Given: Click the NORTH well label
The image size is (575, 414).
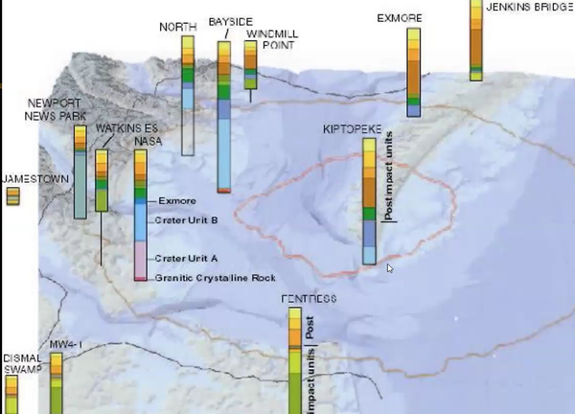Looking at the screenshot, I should [x=176, y=27].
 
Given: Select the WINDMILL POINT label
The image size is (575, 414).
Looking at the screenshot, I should [x=264, y=39].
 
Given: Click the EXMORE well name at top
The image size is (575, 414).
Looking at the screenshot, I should [x=399, y=17].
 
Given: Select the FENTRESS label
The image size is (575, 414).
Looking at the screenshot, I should [x=308, y=299].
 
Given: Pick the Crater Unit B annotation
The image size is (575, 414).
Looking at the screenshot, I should [x=187, y=220].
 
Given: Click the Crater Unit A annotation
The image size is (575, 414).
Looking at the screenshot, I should [x=187, y=258].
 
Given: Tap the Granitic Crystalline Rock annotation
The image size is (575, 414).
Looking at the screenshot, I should [x=215, y=278].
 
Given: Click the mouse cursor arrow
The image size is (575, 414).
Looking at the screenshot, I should [x=389, y=268].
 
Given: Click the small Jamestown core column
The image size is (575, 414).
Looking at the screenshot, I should [x=12, y=195].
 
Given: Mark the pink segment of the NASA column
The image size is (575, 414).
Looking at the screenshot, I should [x=140, y=258].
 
